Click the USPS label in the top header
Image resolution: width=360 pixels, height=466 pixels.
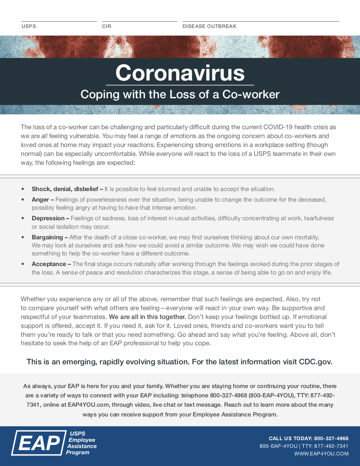(x=29, y=26)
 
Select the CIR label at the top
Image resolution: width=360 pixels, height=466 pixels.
(x=107, y=26)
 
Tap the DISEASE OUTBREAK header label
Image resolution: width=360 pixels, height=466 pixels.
(x=209, y=26)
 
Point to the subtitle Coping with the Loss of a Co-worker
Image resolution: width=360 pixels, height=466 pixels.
(x=180, y=94)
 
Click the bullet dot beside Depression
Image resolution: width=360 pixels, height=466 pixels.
(x=23, y=218)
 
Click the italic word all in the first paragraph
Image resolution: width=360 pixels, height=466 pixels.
(x=44, y=136)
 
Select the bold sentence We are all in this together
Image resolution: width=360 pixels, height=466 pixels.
(x=147, y=316)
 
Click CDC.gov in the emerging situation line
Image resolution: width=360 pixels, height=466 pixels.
(x=316, y=362)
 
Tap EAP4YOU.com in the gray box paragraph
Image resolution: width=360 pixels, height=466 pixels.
(x=89, y=405)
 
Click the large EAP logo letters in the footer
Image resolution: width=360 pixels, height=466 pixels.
(x=37, y=443)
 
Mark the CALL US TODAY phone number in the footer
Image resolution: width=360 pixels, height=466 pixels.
(x=331, y=438)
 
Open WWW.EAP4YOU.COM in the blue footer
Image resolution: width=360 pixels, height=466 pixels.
(x=321, y=454)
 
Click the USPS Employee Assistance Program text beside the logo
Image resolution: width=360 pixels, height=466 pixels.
(x=81, y=443)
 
